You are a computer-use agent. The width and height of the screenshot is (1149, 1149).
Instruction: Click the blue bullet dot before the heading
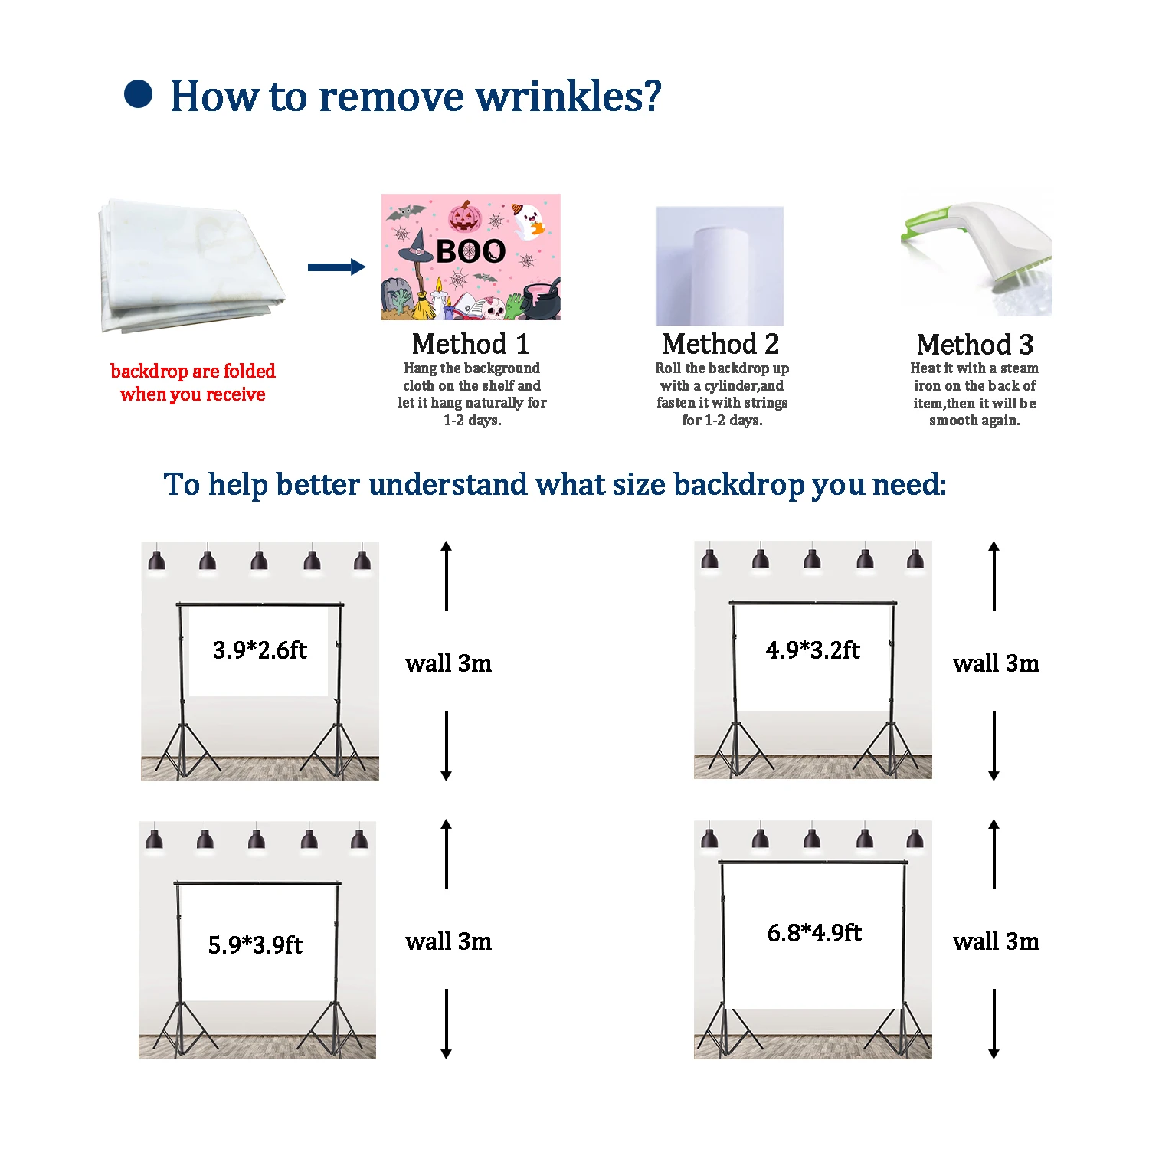(139, 95)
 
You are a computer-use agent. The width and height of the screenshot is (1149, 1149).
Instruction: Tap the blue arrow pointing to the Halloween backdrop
(336, 267)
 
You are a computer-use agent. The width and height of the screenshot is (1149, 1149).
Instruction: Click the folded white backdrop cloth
(188, 266)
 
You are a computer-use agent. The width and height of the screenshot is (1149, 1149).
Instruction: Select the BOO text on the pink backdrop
(470, 251)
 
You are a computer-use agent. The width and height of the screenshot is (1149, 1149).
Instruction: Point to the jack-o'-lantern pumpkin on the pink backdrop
(464, 217)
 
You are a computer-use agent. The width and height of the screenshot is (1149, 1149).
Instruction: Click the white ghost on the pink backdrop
(527, 221)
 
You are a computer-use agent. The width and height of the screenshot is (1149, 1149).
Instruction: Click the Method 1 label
(470, 344)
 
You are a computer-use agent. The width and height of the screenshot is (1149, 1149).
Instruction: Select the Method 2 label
(721, 344)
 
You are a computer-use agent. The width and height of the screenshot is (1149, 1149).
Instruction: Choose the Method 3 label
(974, 345)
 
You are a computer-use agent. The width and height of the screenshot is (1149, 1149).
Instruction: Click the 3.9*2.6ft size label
(260, 650)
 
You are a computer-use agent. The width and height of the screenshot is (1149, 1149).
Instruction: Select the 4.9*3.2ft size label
(813, 650)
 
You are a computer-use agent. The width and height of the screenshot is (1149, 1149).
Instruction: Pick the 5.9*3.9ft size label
(255, 944)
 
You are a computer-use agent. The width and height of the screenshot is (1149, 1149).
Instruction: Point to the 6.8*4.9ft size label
(814, 932)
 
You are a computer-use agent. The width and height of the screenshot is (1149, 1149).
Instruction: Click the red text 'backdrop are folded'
(193, 372)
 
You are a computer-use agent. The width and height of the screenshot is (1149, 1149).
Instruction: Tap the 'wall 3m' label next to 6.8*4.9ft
(996, 941)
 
